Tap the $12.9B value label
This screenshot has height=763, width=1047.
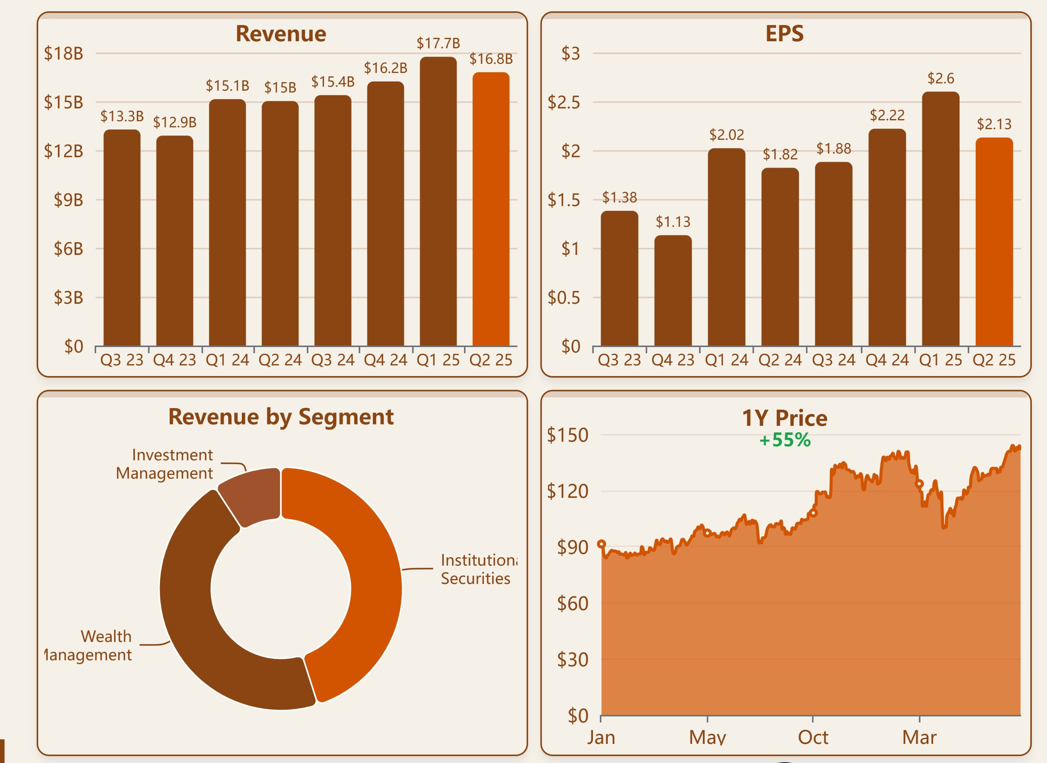coord(175,122)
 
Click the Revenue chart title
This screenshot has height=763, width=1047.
coord(281,34)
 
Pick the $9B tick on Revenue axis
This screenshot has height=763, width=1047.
coord(68,200)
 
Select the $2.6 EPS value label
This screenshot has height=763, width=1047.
coord(940,78)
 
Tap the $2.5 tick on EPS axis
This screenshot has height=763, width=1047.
coord(564,102)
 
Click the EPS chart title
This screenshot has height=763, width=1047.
coord(784,34)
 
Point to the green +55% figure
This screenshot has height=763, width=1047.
coord(785,440)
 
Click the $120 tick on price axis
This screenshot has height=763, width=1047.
coord(567,491)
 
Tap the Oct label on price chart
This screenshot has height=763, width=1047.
coord(813,737)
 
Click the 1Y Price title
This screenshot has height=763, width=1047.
coord(784,418)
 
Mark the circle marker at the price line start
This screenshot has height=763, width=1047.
coord(601,544)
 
